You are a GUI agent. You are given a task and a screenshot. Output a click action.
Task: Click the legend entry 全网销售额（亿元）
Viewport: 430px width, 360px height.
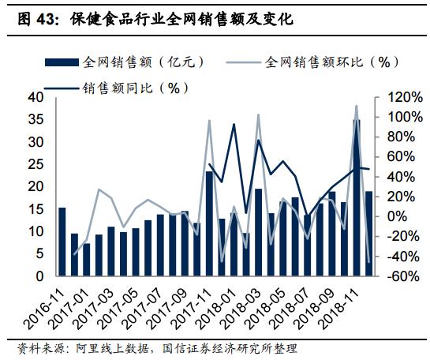click(x=118, y=60)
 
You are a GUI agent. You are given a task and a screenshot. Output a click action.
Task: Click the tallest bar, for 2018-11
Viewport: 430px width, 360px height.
click(x=357, y=197)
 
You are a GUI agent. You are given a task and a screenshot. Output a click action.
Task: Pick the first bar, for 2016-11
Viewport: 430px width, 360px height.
click(x=62, y=242)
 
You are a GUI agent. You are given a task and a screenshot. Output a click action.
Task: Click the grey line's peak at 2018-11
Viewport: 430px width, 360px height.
click(x=357, y=106)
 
